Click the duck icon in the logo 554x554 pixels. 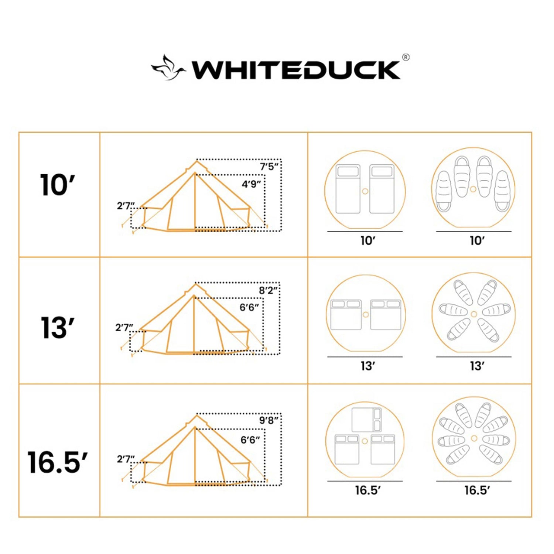[x=168, y=68]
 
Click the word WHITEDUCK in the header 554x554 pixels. [x=295, y=70]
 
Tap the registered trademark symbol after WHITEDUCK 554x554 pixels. [x=406, y=57]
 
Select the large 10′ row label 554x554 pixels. [x=57, y=185]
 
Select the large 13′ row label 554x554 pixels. [x=57, y=328]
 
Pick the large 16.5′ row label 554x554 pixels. [x=57, y=462]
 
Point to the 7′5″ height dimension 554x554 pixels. [x=269, y=167]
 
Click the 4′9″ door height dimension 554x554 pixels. [x=251, y=184]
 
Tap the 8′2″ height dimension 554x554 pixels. [x=268, y=290]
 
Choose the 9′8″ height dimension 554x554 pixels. [x=269, y=420]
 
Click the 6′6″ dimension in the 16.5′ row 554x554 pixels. [x=250, y=440]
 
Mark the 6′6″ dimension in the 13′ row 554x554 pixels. [x=249, y=307]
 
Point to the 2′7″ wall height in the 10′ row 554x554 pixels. [x=126, y=206]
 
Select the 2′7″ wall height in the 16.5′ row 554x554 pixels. [x=126, y=459]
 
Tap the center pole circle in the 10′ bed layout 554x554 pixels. [x=365, y=191]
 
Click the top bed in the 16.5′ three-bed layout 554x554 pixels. [x=366, y=420]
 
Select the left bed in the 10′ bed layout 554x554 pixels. [x=348, y=189]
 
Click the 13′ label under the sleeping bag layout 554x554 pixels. [x=477, y=366]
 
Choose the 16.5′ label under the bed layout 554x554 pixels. [x=367, y=490]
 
